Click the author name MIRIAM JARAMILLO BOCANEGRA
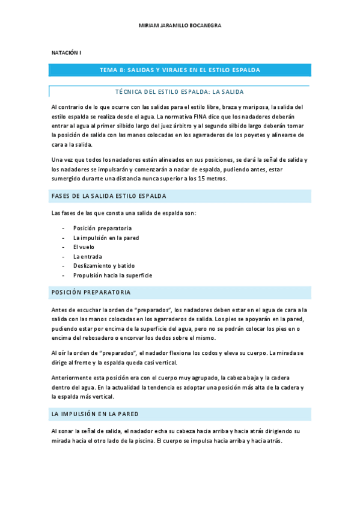[x=180, y=26]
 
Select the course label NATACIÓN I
[x=67, y=53]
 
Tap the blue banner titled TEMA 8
[x=180, y=70]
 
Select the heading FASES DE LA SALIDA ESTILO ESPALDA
[x=109, y=197]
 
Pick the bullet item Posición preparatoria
[x=102, y=229]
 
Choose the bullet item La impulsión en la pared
[x=106, y=238]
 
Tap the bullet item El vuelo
[x=84, y=247]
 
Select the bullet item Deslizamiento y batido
[x=104, y=266]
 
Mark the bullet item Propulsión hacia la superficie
[x=112, y=275]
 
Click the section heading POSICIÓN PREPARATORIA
[x=91, y=292]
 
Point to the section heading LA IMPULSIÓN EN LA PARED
[x=96, y=414]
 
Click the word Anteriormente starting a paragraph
[x=72, y=378]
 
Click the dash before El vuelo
[x=64, y=247]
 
